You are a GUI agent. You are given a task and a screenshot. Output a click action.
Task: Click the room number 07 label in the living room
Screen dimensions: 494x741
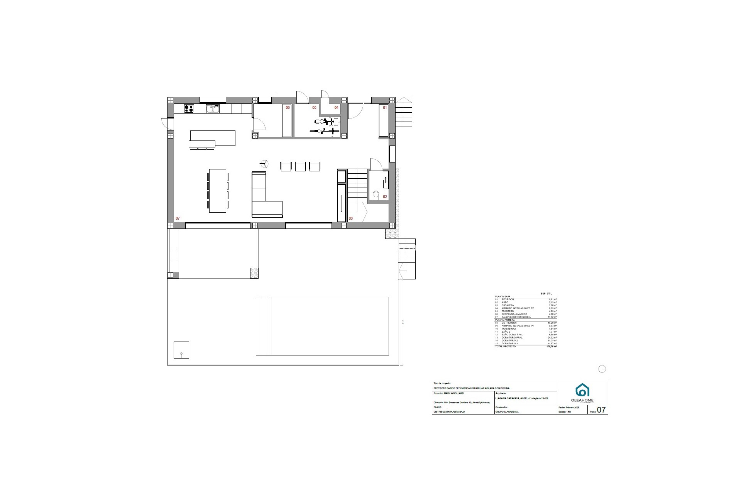pyautogui.click(x=178, y=218)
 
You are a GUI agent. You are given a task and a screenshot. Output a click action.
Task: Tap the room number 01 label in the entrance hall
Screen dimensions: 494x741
pyautogui.click(x=385, y=108)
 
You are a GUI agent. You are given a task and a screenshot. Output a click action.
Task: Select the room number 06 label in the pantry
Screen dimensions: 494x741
pyautogui.click(x=288, y=108)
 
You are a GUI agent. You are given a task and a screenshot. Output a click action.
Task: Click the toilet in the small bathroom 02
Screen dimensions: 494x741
pyautogui.click(x=377, y=194)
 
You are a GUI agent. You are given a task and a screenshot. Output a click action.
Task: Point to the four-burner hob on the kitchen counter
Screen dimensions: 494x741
pyautogui.click(x=189, y=109)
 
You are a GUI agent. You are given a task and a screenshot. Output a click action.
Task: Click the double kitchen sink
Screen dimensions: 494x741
pyautogui.click(x=213, y=109)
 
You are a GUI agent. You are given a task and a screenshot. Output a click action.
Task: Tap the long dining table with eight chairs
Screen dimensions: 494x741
pyautogui.click(x=218, y=190)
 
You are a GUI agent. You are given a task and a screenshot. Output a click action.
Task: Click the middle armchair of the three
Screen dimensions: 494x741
pyautogui.click(x=300, y=166)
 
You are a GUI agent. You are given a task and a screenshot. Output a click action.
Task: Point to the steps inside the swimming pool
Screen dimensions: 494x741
pyautogui.click(x=264, y=326)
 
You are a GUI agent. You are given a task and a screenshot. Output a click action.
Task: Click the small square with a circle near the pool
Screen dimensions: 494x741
pyautogui.click(x=181, y=350)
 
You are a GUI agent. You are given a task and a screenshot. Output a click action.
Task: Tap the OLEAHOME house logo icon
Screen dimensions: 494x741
pyautogui.click(x=582, y=390)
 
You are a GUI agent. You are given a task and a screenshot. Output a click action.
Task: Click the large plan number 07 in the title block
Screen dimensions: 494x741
pyautogui.click(x=601, y=410)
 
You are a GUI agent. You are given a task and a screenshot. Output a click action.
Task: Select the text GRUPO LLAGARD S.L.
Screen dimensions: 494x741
pyautogui.click(x=507, y=412)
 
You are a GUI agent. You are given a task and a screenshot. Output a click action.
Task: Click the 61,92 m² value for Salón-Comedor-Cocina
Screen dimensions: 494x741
pyautogui.click(x=552, y=317)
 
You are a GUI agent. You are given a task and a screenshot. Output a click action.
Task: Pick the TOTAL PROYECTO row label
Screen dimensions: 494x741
pyautogui.click(x=505, y=347)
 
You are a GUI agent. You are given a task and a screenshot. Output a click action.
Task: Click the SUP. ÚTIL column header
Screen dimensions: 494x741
pyautogui.click(x=546, y=294)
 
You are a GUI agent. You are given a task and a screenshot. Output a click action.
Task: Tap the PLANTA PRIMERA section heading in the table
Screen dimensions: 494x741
pyautogui.click(x=505, y=320)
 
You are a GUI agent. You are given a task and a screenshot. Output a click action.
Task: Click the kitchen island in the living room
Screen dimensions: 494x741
pyautogui.click(x=212, y=138)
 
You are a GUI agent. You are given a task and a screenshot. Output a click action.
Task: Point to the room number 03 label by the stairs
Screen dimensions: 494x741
pyautogui.click(x=351, y=218)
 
